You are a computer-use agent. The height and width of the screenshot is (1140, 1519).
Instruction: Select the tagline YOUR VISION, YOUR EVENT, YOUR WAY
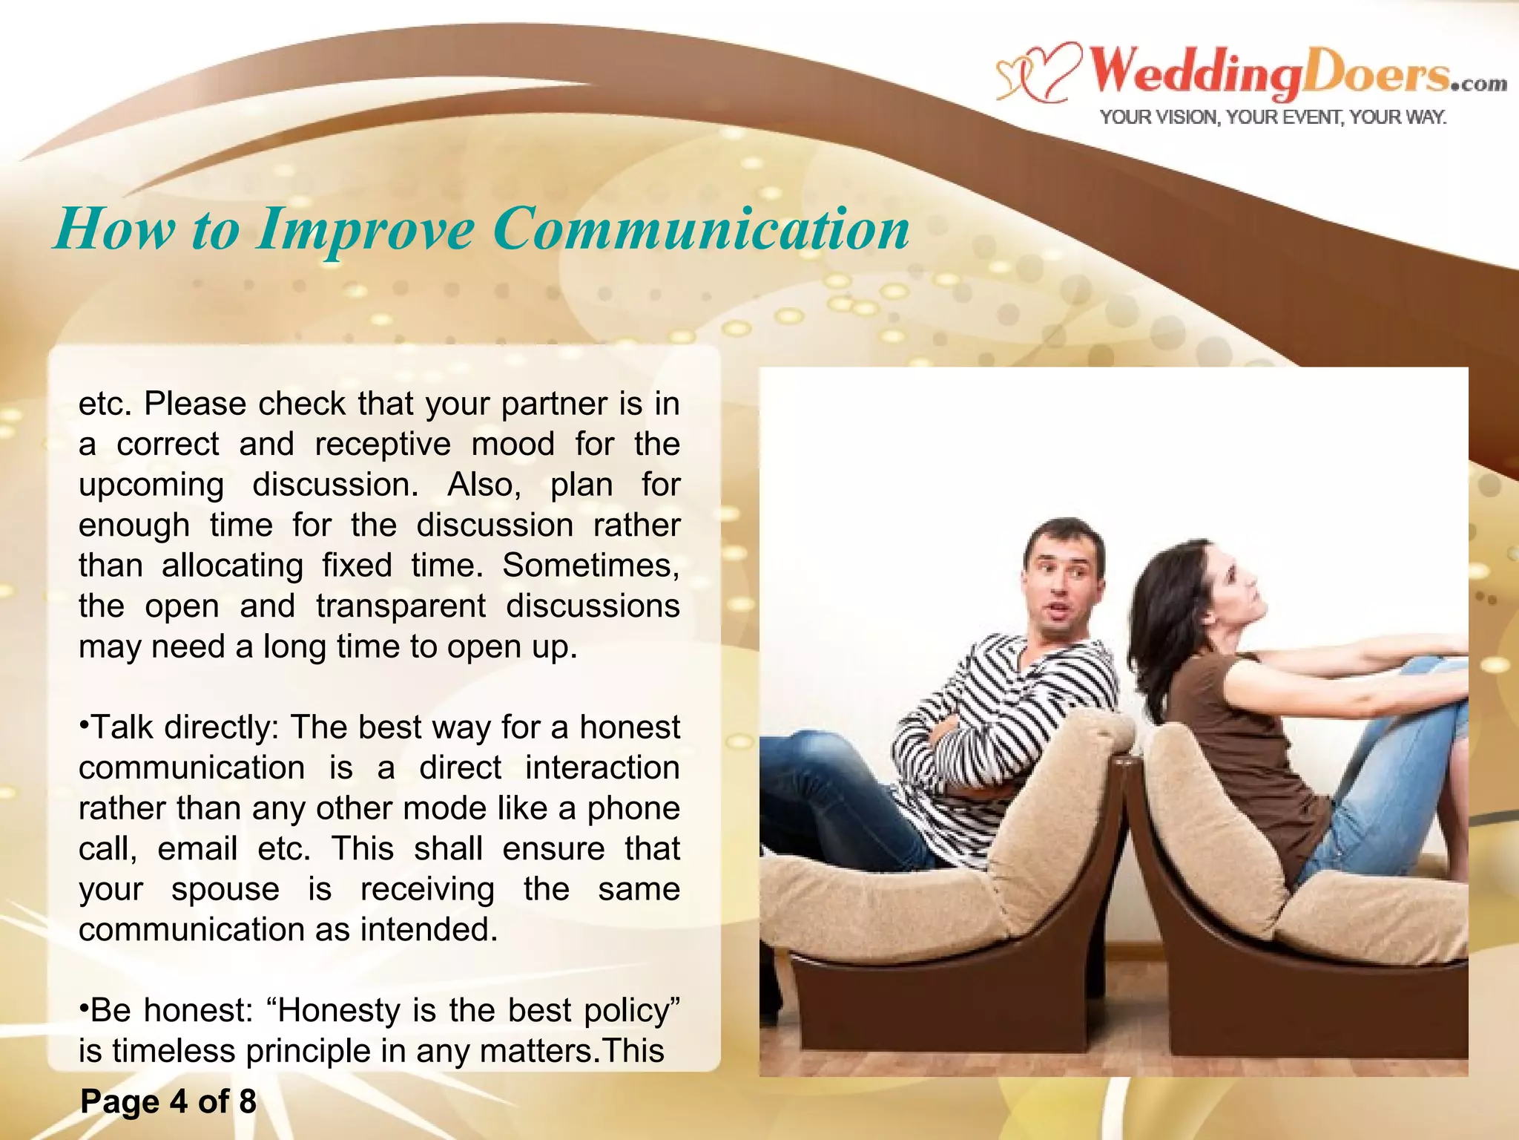click(x=1273, y=117)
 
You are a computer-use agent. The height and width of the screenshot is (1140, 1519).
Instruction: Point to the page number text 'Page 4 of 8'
click(x=168, y=1101)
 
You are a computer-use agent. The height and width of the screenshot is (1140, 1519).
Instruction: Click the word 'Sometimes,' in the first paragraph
click(x=590, y=566)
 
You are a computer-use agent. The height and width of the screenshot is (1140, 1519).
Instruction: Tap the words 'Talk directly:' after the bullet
click(x=185, y=727)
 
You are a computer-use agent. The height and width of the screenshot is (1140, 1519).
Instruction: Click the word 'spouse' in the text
click(x=225, y=889)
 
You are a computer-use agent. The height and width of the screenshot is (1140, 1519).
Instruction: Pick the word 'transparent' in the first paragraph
click(x=401, y=606)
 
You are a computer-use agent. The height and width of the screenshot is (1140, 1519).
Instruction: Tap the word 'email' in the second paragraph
click(x=197, y=848)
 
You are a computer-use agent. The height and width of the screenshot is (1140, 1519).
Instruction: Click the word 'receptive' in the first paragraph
click(x=383, y=445)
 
